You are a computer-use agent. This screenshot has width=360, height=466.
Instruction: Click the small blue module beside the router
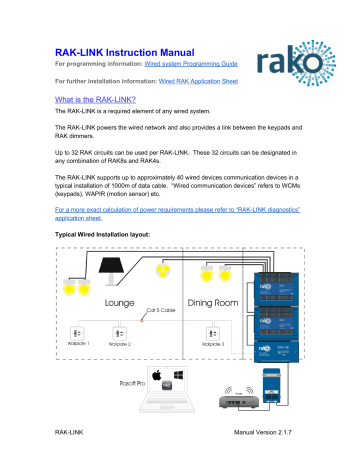pyautogui.click(x=297, y=383)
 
